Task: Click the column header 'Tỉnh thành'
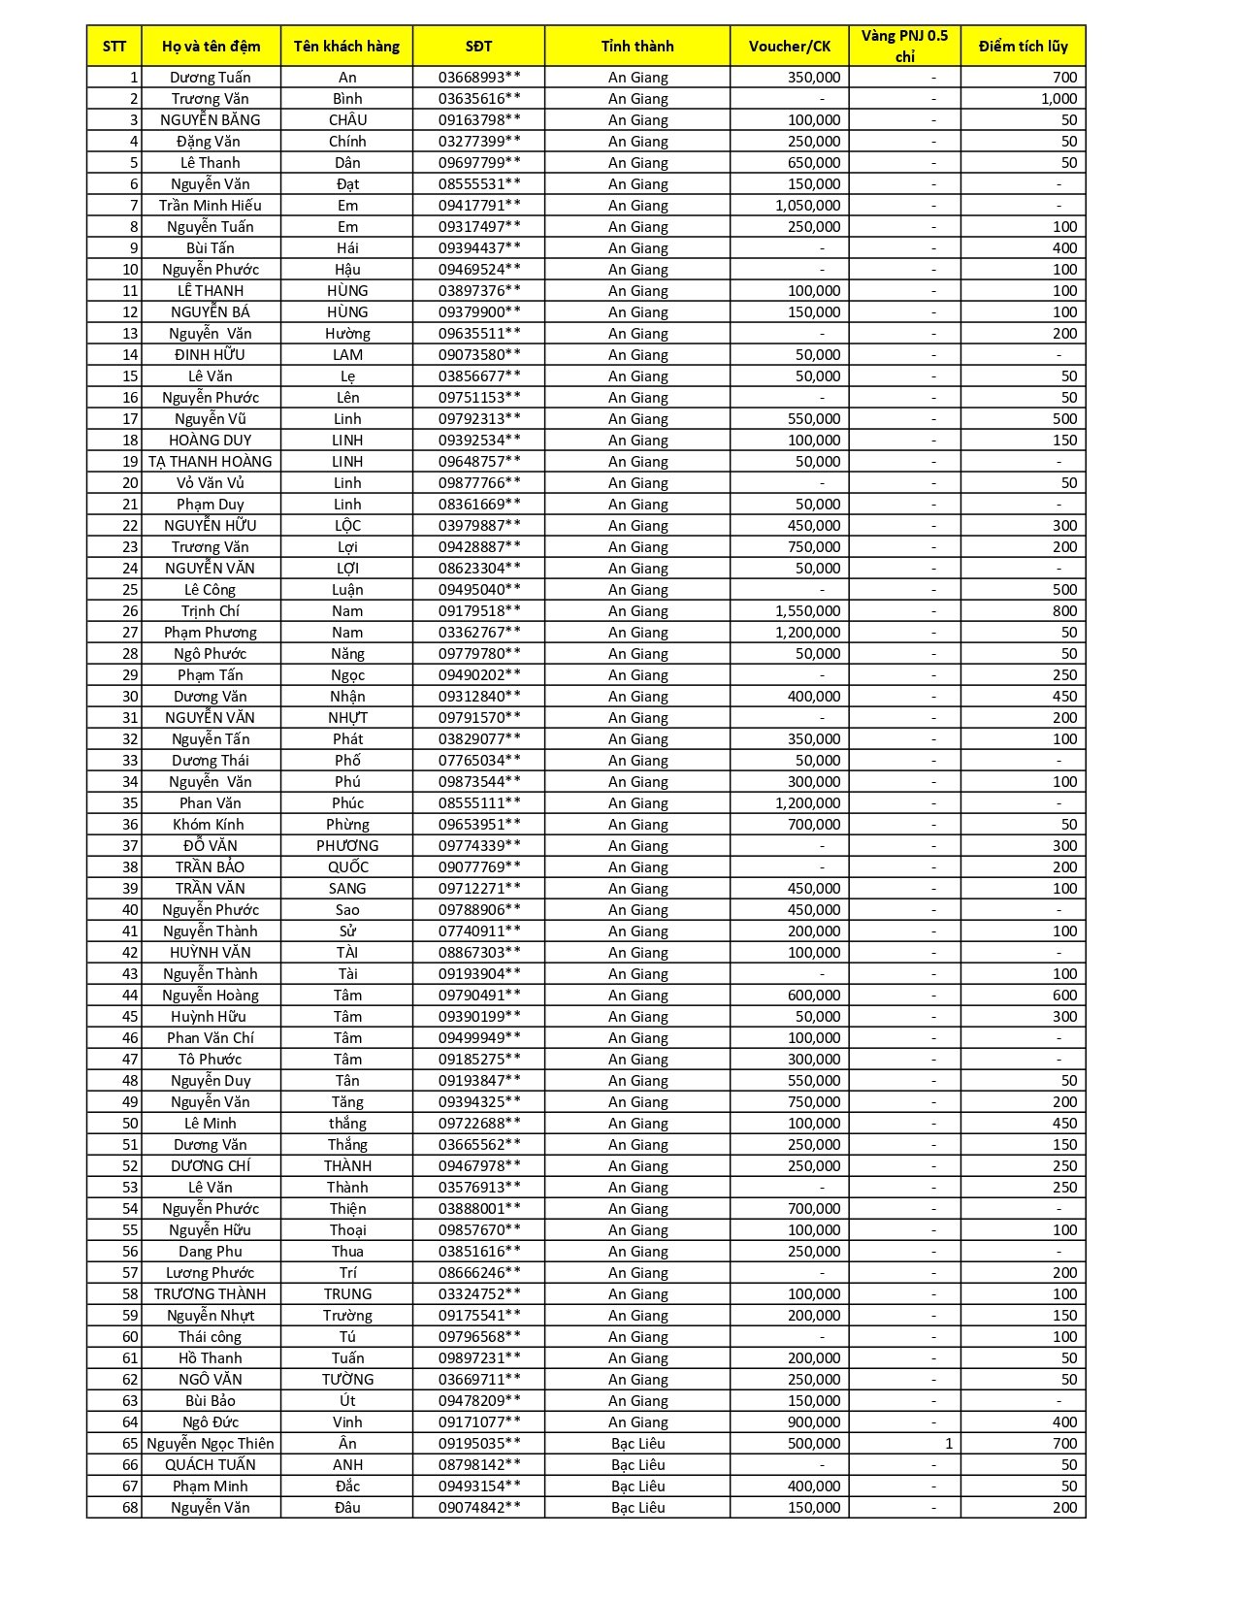636,46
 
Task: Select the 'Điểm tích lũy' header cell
1023,46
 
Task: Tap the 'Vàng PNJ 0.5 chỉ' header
904,46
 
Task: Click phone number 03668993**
478,78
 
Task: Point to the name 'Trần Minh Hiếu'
211,206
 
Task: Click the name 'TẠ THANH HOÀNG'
211,462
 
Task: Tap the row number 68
130,1508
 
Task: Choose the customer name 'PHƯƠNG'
347,846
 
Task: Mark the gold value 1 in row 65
948,1444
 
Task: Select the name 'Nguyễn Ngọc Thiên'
211,1444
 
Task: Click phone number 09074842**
478,1508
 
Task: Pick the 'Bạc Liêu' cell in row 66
637,1465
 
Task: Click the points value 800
1064,611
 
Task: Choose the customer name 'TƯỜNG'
347,1380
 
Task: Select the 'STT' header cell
114,46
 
